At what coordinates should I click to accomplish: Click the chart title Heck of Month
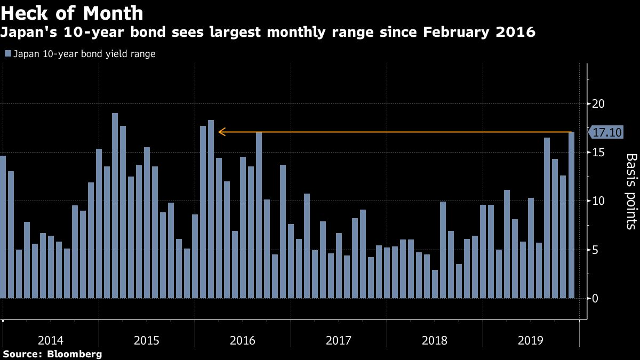tap(73, 13)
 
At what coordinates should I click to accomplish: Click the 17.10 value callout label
tap(607, 132)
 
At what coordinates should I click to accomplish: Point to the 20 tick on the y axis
tap(599, 103)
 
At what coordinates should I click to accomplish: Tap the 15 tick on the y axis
tap(599, 153)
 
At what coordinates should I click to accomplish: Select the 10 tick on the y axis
tap(599, 201)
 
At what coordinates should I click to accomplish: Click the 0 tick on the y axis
tap(596, 299)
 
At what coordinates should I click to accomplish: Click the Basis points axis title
tap(631, 191)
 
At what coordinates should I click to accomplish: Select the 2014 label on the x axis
tap(51, 340)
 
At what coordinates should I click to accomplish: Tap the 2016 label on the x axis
tap(243, 340)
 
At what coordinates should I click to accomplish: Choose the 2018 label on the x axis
tap(435, 340)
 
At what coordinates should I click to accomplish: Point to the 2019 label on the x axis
tap(531, 340)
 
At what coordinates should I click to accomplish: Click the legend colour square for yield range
tap(7, 54)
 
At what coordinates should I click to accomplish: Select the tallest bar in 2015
tap(115, 205)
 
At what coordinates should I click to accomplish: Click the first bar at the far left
tap(3, 227)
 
